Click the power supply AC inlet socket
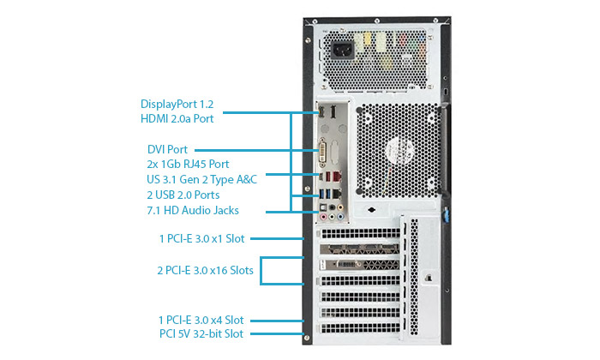[x=343, y=50]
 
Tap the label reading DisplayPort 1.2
[x=177, y=104]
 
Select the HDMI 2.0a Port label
[x=177, y=118]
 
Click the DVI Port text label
[x=167, y=149]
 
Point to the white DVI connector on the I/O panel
[x=322, y=153]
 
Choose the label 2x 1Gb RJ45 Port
[x=188, y=164]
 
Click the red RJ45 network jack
[x=337, y=177]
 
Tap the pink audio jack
[x=323, y=218]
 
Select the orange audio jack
[x=340, y=207]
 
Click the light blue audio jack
[x=340, y=218]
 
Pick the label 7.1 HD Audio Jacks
[x=193, y=210]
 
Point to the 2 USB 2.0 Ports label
[x=183, y=195]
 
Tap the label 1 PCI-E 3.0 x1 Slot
[x=201, y=239]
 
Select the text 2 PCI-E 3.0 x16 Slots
[x=205, y=271]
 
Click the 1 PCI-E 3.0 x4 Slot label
[x=201, y=320]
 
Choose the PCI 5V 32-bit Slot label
[x=201, y=333]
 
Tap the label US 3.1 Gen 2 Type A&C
[x=201, y=179]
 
